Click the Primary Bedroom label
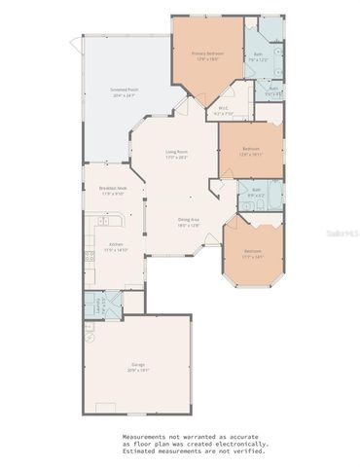[x=207, y=54]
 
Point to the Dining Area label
[x=189, y=220]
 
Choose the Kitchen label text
[x=115, y=245]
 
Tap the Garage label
[x=138, y=364]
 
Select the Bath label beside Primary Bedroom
[x=259, y=54]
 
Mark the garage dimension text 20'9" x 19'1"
[x=138, y=370]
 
